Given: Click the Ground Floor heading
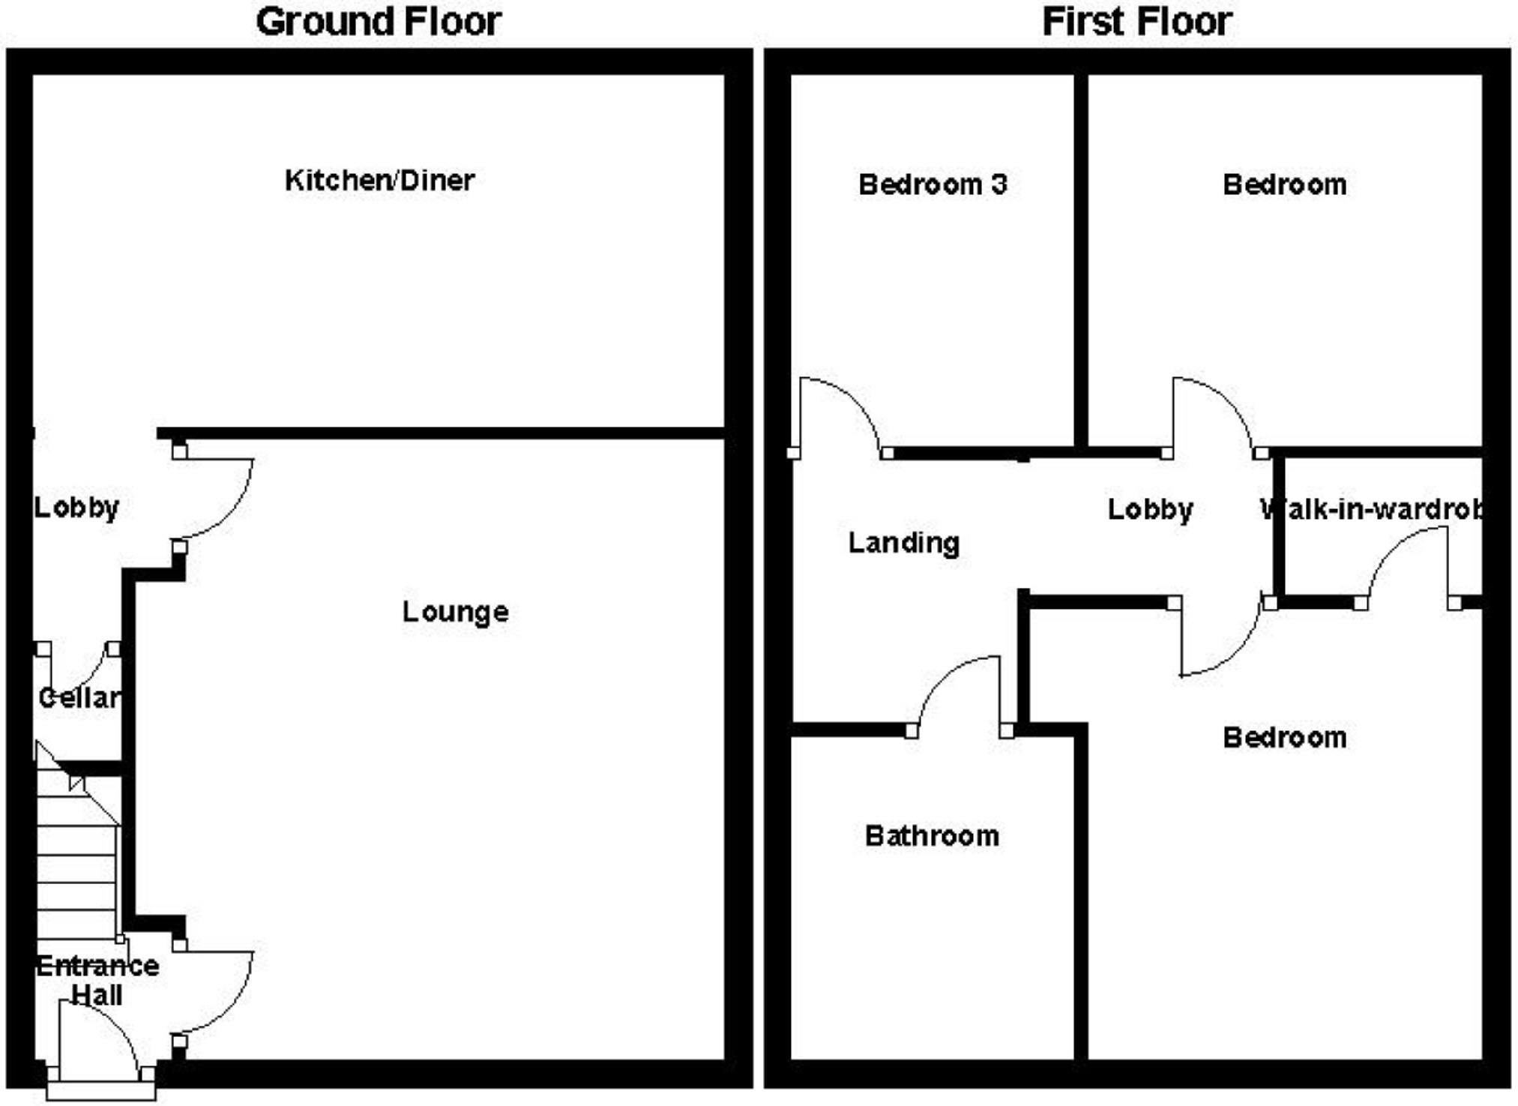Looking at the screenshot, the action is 379,22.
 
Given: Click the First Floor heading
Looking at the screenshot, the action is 1136,22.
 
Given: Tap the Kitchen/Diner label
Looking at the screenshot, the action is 379,181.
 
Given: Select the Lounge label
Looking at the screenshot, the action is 455,612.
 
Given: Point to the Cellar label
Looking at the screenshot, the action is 79,698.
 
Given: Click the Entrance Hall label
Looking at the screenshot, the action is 97,980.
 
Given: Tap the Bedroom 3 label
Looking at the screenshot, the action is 933,184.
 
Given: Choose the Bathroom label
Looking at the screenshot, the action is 932,836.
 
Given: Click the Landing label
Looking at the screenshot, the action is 903,543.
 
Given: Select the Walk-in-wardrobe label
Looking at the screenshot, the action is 1372,510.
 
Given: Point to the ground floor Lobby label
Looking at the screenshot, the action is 76,508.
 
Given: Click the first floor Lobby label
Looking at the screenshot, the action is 1150,510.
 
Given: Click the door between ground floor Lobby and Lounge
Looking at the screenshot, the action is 217,495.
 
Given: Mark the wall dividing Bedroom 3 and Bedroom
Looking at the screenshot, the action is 1080,262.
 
